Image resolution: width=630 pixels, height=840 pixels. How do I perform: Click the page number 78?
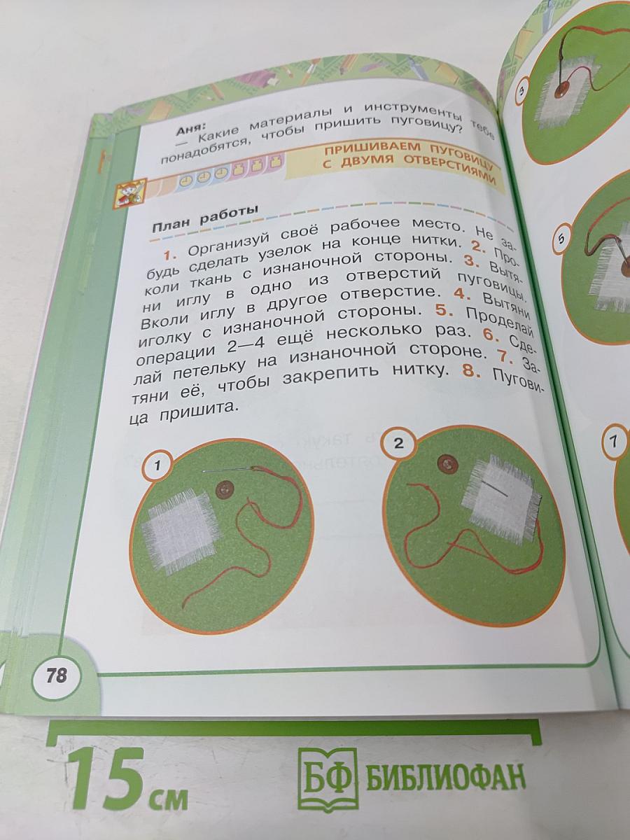(x=56, y=676)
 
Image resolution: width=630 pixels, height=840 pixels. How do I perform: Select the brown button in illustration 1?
(x=225, y=489)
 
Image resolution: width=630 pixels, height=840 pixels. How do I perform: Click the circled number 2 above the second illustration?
(x=398, y=443)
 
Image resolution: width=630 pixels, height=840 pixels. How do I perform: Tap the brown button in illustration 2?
(x=445, y=463)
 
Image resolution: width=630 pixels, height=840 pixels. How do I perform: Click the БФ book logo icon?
(x=327, y=778)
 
